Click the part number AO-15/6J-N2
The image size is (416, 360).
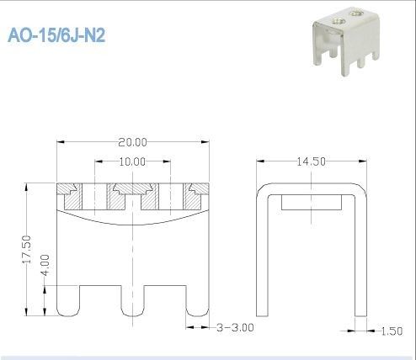pyautogui.click(x=56, y=37)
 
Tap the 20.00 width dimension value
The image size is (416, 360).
pyautogui.click(x=132, y=141)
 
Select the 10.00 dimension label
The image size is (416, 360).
pyautogui.click(x=132, y=160)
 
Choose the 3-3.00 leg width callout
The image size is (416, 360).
pyautogui.click(x=236, y=326)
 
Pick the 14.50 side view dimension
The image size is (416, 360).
pyautogui.click(x=311, y=161)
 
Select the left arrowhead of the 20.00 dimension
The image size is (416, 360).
pyautogui.click(x=61, y=142)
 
